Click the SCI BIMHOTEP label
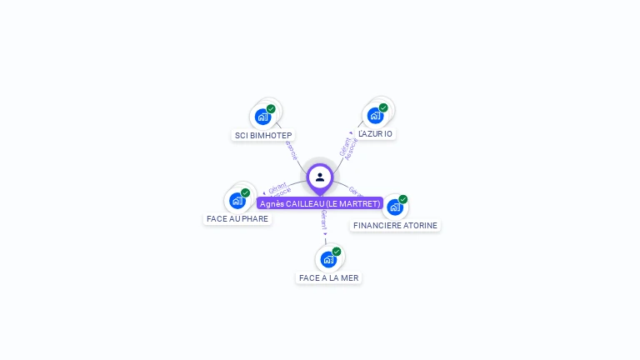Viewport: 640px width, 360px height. click(263, 135)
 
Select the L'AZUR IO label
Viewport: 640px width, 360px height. click(375, 133)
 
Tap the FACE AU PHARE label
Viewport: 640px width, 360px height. click(237, 218)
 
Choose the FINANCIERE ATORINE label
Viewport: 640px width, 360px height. click(395, 225)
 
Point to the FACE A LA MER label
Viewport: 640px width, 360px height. click(329, 277)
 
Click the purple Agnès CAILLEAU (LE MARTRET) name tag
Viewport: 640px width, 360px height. click(320, 203)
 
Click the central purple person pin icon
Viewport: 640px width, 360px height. click(320, 177)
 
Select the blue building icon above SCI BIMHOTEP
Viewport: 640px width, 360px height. click(263, 116)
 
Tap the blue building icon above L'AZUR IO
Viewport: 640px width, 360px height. click(375, 115)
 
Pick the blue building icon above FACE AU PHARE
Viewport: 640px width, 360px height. click(237, 200)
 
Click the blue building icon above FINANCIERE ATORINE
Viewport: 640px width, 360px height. click(395, 207)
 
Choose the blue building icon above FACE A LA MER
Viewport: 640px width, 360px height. click(328, 259)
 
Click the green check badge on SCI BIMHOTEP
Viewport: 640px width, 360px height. click(271, 108)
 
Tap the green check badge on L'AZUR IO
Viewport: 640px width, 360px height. click(383, 107)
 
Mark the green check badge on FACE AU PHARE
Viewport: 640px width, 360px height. click(245, 192)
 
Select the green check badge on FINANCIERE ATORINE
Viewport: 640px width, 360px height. click(403, 199)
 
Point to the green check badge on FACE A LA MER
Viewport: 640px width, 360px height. click(337, 251)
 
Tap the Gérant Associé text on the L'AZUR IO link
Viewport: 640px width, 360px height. click(348, 147)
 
